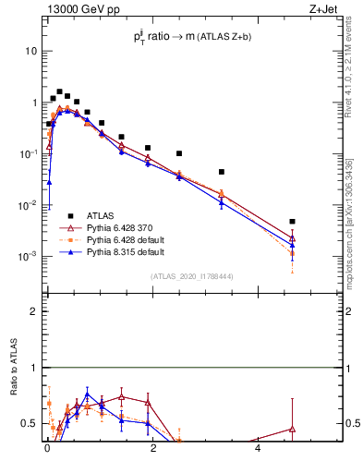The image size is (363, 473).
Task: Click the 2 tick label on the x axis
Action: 152,449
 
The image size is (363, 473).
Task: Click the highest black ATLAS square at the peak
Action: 59,92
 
